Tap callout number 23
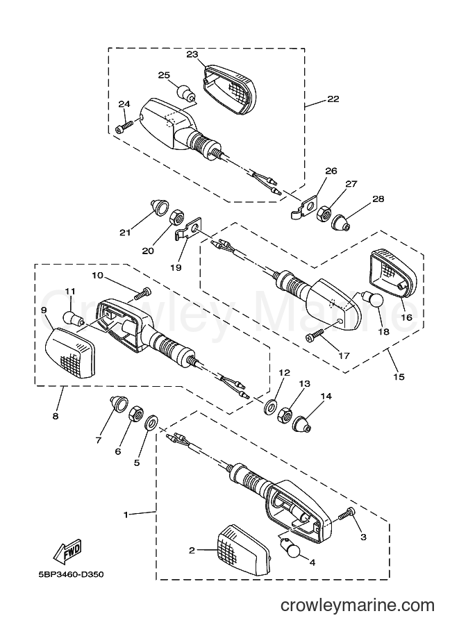point(193,55)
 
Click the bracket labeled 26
point(305,208)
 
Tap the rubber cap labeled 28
point(340,222)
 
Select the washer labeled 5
point(151,422)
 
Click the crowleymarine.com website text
point(358,606)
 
